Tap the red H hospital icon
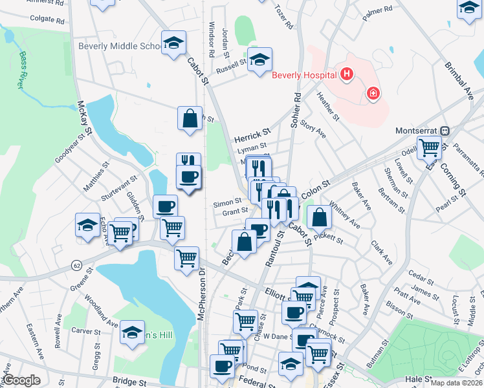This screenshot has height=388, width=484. click(347, 74)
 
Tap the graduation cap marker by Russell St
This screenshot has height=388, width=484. click(260, 60)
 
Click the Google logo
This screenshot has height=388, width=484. click(21, 380)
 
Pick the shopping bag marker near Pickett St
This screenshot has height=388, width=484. click(319, 217)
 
